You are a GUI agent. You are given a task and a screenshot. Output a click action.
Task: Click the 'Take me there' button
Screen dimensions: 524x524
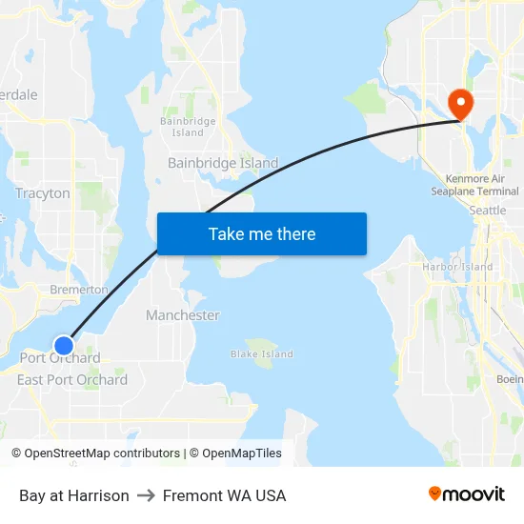(261, 233)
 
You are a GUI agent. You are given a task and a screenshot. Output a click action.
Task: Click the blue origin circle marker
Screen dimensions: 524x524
(64, 345)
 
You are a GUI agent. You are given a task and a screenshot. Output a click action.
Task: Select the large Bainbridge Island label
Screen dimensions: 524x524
(223, 163)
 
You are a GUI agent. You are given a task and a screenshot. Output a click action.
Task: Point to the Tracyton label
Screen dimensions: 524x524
(43, 193)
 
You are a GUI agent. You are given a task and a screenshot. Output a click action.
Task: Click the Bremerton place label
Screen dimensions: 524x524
(78, 289)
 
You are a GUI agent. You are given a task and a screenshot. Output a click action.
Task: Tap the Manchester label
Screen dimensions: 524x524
(183, 315)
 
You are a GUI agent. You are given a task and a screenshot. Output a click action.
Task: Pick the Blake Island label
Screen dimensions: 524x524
(262, 354)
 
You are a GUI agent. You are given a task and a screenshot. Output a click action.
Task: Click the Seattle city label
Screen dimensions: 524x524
(488, 210)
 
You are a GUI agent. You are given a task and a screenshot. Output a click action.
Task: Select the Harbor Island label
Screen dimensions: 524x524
(457, 268)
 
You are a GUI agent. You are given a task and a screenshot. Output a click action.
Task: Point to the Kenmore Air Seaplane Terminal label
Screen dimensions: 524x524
(474, 185)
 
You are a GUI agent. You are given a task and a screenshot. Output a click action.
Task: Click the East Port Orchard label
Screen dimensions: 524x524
(72, 380)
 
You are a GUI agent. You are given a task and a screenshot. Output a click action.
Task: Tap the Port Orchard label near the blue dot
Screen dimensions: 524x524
(60, 359)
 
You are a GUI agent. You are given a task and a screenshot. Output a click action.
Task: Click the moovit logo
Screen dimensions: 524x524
(467, 494)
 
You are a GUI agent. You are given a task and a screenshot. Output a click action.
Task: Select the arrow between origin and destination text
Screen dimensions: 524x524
(146, 495)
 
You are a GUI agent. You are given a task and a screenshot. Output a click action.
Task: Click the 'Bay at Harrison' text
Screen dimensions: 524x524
(74, 495)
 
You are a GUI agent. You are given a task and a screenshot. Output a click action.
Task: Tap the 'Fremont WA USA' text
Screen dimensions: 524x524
(224, 495)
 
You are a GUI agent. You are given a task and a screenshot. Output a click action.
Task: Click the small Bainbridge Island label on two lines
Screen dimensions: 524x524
(188, 127)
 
